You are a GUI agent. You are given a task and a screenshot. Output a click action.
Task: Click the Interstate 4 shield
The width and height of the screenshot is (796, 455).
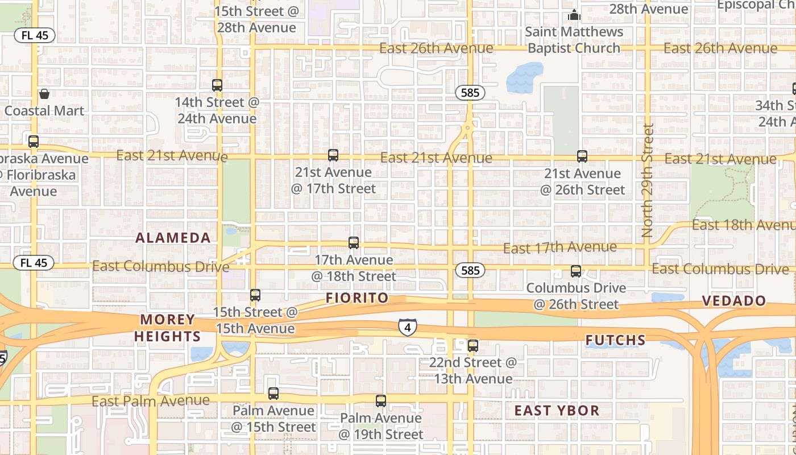[407, 327]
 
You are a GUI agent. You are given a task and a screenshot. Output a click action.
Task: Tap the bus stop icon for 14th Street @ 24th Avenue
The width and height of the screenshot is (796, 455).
[217, 85]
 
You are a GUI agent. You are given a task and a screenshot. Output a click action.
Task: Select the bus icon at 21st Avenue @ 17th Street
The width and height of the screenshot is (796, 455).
[333, 155]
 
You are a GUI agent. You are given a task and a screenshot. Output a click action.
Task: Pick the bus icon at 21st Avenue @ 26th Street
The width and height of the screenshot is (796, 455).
[582, 156]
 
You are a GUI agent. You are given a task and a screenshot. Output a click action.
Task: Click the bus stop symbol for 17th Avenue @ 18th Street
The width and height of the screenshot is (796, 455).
[354, 243]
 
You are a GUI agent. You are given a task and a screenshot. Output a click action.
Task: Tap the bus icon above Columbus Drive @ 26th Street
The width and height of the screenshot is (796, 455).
[576, 271]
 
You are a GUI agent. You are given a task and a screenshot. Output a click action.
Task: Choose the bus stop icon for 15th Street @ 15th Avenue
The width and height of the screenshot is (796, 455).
[255, 295]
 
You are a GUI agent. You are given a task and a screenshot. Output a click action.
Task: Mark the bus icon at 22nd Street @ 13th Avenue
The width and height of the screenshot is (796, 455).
[473, 345]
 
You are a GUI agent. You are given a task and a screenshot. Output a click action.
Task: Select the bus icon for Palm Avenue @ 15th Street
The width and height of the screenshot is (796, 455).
[273, 393]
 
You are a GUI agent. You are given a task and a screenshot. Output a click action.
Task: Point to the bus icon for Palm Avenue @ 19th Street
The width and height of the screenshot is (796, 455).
[381, 400]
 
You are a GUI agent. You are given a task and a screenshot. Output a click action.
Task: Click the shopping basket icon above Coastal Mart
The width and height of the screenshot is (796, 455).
[44, 94]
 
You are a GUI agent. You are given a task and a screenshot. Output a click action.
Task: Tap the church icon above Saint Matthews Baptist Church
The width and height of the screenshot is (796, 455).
[575, 15]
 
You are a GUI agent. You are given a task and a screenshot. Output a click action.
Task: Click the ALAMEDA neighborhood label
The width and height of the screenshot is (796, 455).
[173, 238]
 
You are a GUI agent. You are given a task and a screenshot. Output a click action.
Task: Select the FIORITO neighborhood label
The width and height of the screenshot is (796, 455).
[357, 298]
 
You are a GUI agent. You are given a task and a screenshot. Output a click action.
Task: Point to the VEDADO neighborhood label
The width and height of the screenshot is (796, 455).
[734, 301]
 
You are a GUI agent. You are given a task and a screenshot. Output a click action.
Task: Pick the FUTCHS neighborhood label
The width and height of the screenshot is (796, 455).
[616, 341]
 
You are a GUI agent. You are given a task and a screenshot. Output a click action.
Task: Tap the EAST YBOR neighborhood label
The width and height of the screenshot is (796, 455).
[557, 411]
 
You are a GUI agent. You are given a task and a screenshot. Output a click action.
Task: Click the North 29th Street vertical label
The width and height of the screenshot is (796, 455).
[647, 181]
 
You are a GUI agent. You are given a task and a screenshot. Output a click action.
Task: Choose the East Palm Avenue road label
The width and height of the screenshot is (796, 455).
[151, 402]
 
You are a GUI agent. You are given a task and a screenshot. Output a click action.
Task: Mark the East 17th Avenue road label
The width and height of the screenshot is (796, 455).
[560, 247]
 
